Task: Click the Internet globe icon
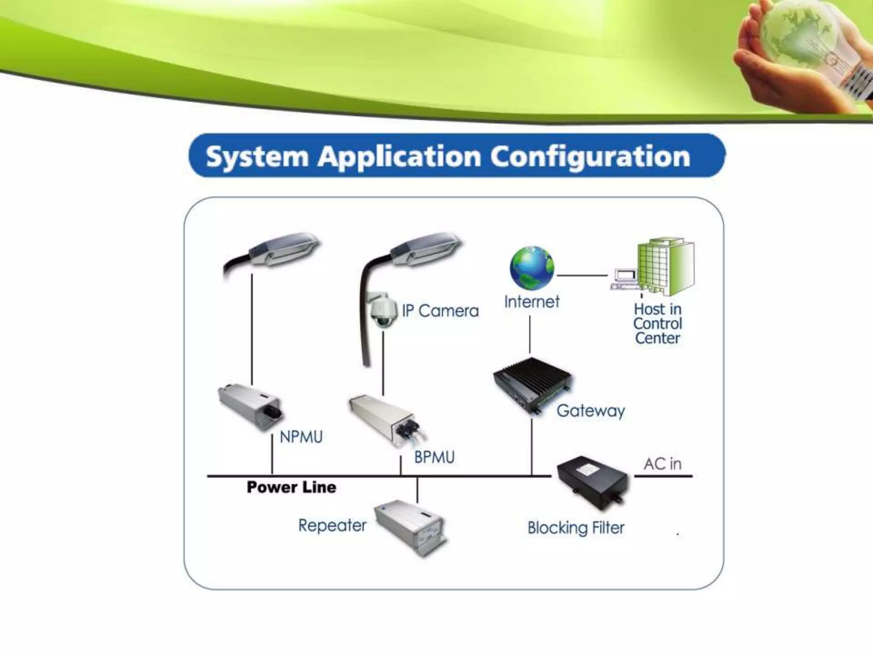tap(532, 268)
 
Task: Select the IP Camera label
tap(440, 311)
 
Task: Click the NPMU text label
tap(301, 437)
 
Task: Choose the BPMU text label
tap(434, 458)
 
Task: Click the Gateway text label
tap(590, 411)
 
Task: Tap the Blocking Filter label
tap(575, 528)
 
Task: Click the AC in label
tap(662, 464)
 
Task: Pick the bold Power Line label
tap(292, 487)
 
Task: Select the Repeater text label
tap(332, 525)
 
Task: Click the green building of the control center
tap(665, 267)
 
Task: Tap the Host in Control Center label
tap(657, 324)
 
